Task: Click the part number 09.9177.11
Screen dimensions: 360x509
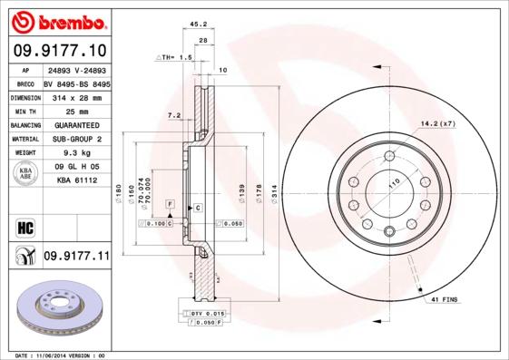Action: point(76,257)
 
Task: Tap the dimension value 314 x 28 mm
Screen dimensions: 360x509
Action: point(77,95)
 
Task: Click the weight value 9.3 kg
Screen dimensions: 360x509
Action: point(76,153)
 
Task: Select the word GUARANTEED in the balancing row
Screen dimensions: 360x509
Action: point(76,124)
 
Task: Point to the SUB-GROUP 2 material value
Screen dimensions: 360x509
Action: point(76,139)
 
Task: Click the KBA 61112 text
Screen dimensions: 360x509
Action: point(76,181)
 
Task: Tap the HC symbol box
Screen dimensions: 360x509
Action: point(24,228)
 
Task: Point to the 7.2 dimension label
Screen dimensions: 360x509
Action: point(174,115)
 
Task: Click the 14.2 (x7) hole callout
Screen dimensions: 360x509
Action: point(437,122)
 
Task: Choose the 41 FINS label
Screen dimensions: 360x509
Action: point(445,299)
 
